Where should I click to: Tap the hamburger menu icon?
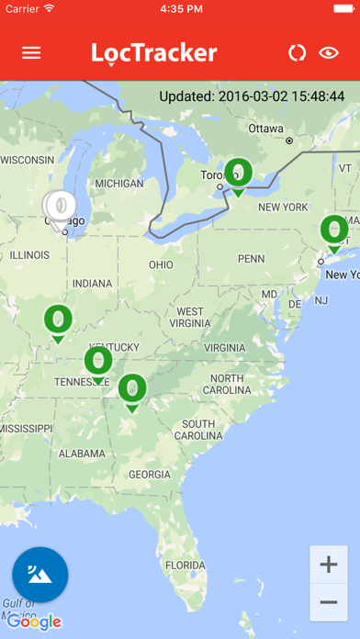[31, 52]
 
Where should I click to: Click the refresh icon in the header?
[296, 52]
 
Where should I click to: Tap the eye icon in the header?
[329, 52]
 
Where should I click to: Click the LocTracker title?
[154, 52]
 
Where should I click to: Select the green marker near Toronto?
[239, 174]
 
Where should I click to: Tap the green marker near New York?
[334, 230]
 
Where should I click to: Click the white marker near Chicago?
[60, 206]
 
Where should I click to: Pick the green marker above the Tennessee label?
[98, 362]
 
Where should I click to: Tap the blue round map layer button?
[39, 575]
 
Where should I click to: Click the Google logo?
[35, 622]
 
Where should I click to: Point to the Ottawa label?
[266, 128]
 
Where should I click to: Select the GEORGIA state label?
[150, 474]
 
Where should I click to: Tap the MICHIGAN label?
[119, 184]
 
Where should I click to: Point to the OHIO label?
[160, 264]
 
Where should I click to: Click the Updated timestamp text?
[252, 95]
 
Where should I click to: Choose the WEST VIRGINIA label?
[190, 318]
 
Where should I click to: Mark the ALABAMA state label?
[80, 453]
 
